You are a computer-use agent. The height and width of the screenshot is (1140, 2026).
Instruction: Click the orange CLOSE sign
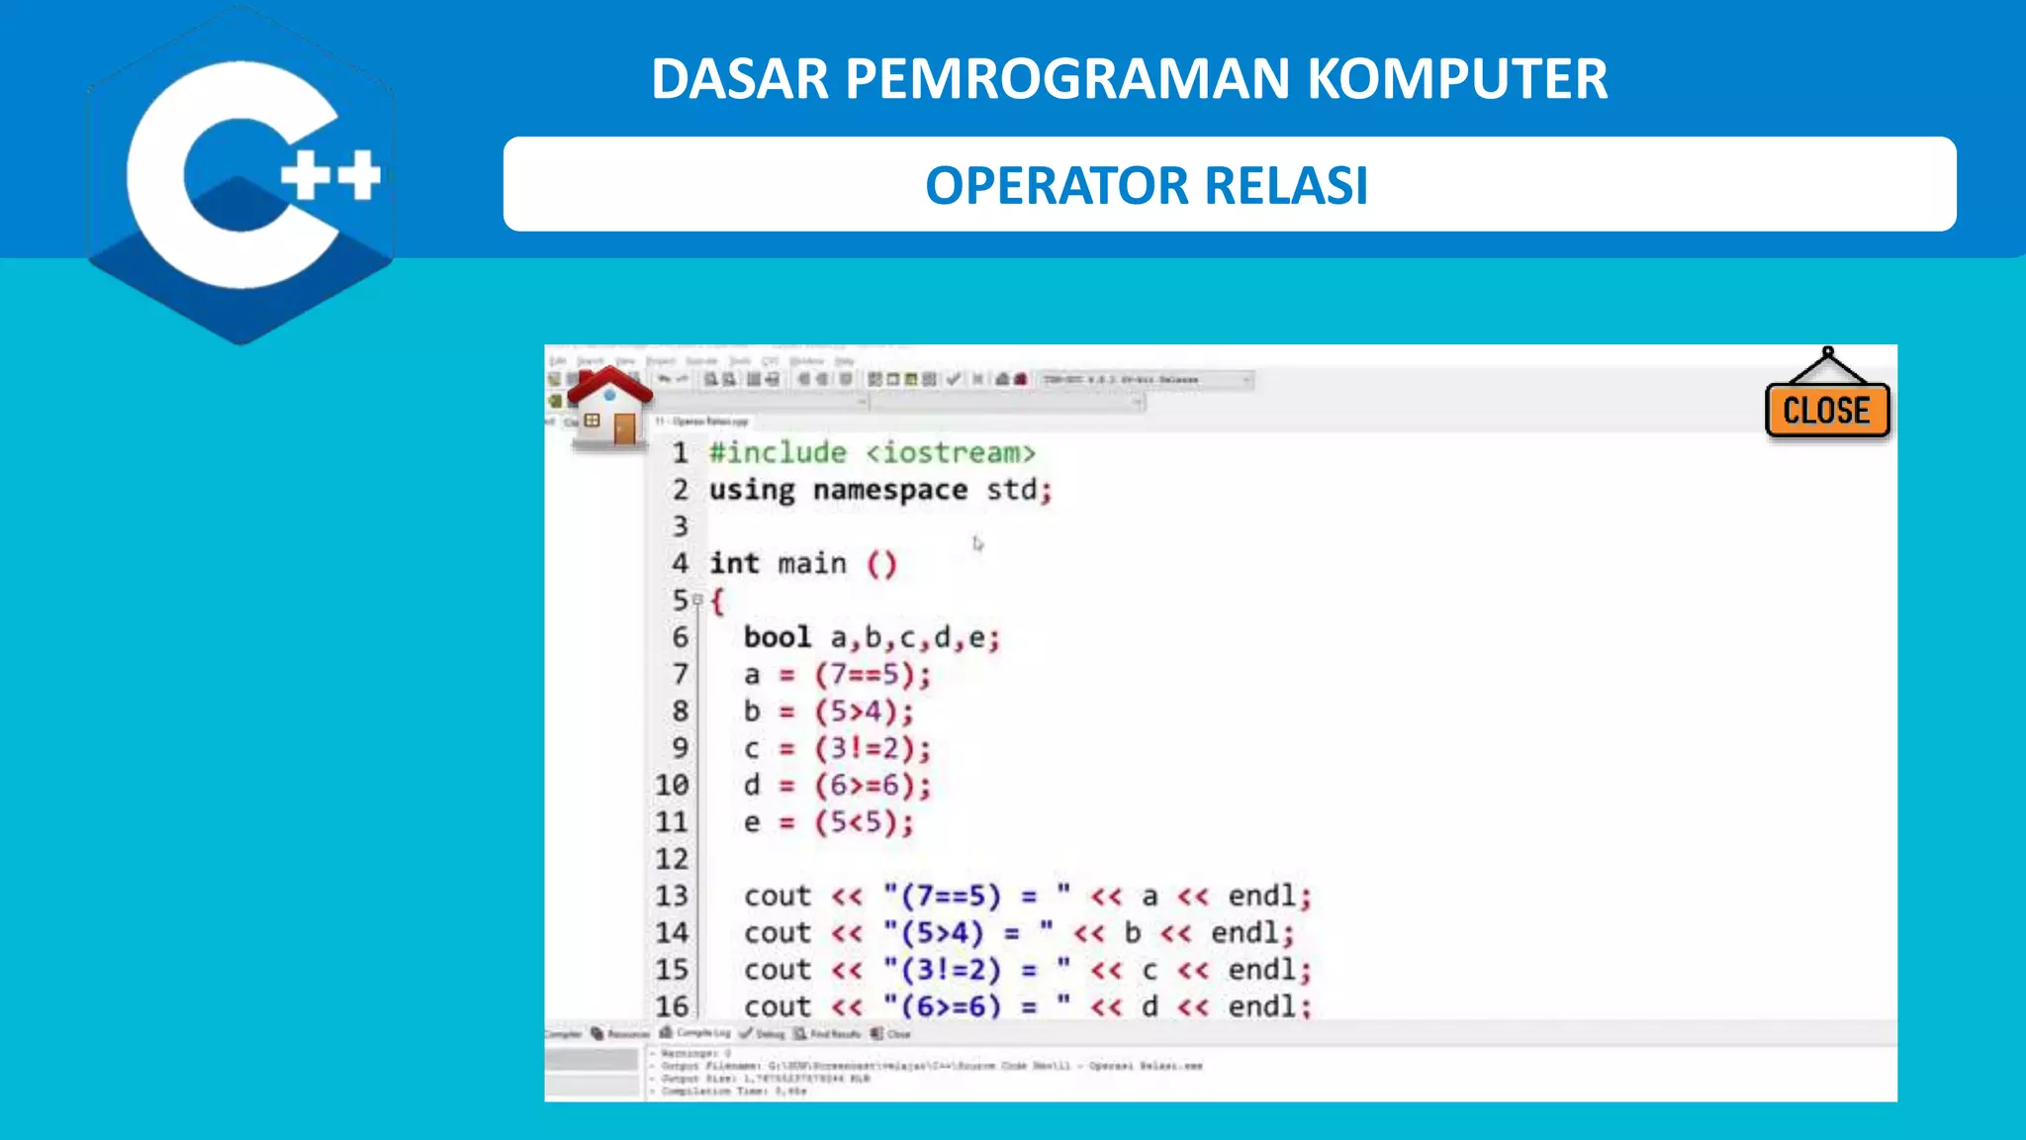tap(1826, 410)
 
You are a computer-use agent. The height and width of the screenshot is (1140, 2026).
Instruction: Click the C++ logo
tap(242, 176)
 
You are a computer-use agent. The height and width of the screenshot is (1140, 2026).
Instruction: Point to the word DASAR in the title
tap(739, 79)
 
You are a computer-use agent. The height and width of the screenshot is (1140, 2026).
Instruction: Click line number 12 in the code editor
tap(672, 859)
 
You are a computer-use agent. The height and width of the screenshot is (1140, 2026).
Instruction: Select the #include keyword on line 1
tap(778, 453)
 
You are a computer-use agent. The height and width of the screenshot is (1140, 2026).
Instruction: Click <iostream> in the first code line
tap(951, 453)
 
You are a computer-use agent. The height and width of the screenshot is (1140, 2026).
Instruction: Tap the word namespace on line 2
tap(889, 490)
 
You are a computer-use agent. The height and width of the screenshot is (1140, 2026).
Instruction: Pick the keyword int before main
tap(734, 564)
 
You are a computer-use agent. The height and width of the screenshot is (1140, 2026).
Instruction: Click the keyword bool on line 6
tap(777, 637)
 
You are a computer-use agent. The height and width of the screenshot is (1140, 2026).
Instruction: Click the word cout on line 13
tap(778, 897)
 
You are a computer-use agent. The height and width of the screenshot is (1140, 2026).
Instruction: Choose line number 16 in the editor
tap(672, 1006)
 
